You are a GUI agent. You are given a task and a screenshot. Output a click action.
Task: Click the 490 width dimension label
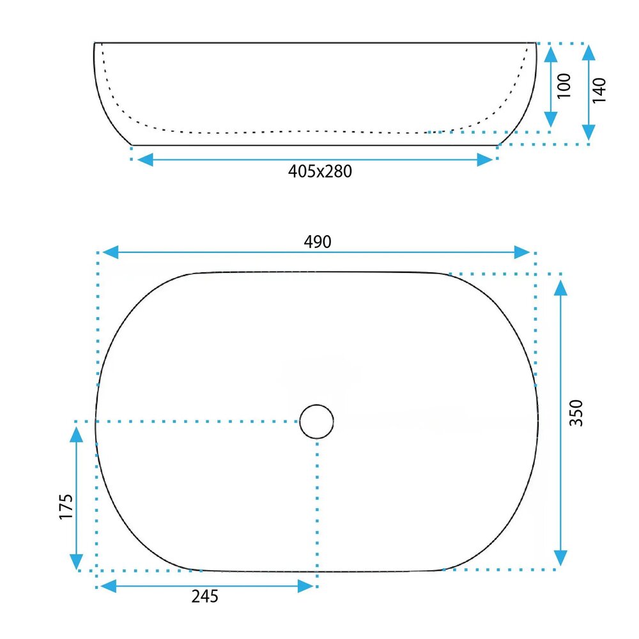point(318,242)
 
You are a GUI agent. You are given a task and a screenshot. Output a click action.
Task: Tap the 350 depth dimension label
point(576,413)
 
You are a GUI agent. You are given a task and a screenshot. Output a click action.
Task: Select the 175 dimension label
point(66,507)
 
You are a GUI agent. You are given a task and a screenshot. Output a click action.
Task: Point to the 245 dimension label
point(205,596)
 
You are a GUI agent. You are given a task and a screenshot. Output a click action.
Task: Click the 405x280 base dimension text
point(320,171)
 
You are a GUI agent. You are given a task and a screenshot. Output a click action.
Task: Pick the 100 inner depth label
point(564,86)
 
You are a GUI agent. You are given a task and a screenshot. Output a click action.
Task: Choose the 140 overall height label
point(599,90)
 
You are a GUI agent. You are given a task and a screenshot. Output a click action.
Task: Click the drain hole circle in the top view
point(317,421)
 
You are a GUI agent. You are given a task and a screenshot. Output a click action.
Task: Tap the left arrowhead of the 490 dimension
point(111,252)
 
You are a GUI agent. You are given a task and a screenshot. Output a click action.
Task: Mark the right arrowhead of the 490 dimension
point(522,252)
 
